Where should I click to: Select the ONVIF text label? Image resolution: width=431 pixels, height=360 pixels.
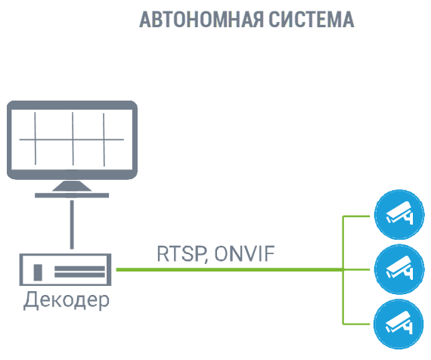pos(243,253)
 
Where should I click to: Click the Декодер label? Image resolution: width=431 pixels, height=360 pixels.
pos(67,299)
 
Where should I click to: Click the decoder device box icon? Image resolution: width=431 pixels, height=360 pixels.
pos(67,269)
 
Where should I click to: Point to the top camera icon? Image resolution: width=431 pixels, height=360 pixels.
pos(395,216)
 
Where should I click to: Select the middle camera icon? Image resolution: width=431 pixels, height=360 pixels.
pos(395,268)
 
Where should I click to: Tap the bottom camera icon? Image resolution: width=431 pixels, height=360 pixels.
pos(395,321)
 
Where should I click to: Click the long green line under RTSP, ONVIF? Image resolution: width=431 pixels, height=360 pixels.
pos(227,269)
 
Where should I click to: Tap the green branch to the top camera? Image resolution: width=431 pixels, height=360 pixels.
pos(358,216)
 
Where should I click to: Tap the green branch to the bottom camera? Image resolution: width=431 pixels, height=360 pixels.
pos(358,321)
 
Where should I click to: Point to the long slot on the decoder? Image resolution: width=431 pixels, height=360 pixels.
pos(79,271)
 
